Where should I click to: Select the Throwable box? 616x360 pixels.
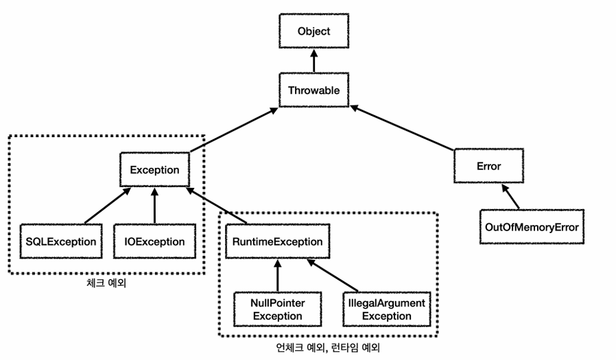pos(313,91)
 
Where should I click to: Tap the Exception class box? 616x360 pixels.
pos(155,170)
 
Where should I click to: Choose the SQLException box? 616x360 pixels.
pos(60,241)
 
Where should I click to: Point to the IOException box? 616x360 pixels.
pos(155,241)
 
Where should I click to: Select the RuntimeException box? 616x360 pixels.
pos(278,241)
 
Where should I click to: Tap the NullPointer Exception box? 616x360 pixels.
pos(278,309)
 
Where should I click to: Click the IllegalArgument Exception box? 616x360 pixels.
pos(387,309)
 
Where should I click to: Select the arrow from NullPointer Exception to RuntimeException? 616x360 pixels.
pos(277,275)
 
